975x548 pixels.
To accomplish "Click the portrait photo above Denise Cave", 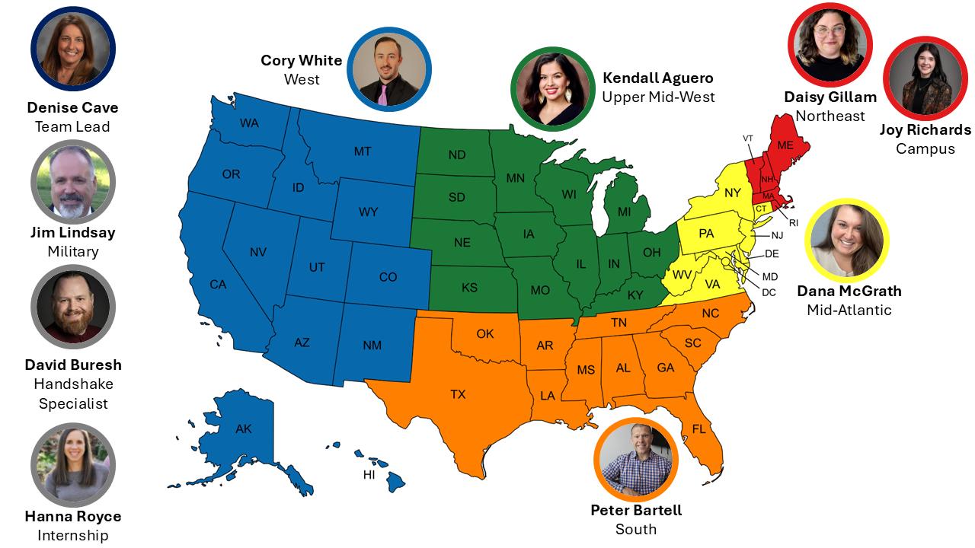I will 72,49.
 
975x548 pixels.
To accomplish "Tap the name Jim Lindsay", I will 72,232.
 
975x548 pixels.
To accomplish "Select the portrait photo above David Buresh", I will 72,306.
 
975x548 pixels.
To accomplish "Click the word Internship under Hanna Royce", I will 72,536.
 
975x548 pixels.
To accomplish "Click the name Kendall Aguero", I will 657,78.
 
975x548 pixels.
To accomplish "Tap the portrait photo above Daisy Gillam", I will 830,45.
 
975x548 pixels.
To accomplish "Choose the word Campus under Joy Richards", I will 925,148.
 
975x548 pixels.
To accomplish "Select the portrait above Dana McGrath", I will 847,241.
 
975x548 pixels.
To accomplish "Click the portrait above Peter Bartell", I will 635,459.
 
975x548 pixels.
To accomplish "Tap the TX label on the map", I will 458,394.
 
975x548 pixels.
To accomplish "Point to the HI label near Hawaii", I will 369,475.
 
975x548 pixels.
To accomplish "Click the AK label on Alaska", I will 243,429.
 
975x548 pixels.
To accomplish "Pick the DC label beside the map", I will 769,292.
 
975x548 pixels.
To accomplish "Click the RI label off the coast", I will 794,223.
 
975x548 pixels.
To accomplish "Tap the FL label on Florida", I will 698,429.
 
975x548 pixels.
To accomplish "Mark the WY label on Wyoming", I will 368,212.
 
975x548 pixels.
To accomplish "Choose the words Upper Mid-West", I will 658,97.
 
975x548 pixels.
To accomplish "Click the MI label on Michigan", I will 624,211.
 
